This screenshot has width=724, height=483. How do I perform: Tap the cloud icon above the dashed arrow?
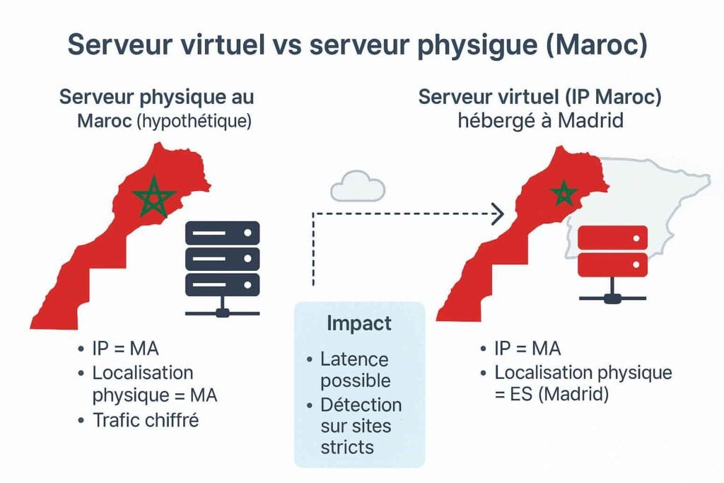358,187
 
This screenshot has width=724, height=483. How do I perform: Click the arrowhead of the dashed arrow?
498,211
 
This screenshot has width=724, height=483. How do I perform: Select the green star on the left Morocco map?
153,196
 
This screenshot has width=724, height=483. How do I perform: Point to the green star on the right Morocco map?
564,192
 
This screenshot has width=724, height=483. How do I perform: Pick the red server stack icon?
612,252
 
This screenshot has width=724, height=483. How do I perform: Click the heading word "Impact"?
359,323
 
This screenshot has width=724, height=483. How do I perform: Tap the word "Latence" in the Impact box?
354,359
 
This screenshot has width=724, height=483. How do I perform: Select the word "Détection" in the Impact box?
361,405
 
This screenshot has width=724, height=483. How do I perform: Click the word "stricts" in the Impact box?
347,447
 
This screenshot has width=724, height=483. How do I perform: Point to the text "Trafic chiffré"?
146,421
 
